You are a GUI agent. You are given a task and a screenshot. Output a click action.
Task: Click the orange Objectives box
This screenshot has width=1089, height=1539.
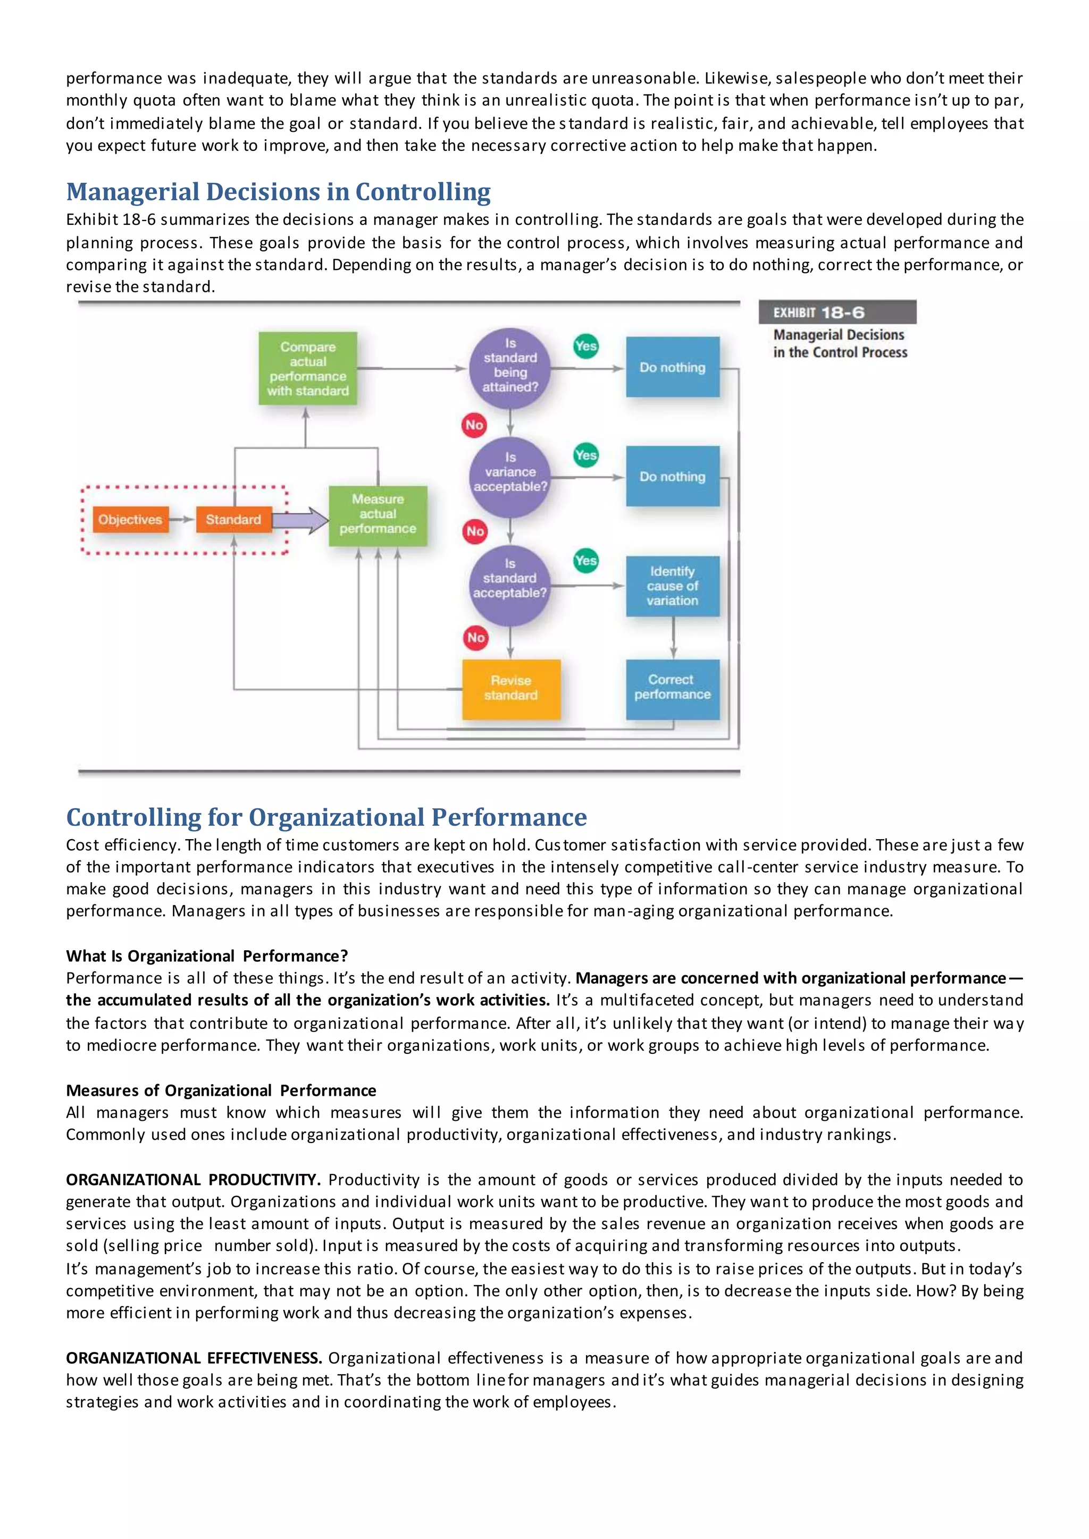click(x=130, y=520)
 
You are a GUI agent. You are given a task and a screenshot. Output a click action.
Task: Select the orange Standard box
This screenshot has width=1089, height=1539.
click(x=233, y=520)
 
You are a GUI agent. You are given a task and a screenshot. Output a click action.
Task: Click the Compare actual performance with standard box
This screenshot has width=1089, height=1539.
click(x=308, y=369)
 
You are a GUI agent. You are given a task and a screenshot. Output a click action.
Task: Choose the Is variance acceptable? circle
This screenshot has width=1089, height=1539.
click(x=509, y=474)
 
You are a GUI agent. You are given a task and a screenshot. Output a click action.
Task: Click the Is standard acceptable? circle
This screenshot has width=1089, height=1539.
click(x=509, y=580)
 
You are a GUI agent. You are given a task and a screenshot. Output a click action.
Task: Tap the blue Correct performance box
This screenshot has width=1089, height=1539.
click(x=673, y=688)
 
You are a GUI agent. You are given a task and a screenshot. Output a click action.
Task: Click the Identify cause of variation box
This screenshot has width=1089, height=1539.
click(x=673, y=586)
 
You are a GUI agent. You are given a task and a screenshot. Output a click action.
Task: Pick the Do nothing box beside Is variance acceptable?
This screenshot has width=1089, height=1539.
click(x=673, y=477)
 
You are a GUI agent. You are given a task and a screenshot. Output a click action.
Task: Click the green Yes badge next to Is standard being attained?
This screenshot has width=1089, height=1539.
click(x=586, y=346)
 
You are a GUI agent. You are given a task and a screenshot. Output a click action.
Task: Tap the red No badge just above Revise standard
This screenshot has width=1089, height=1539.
click(x=475, y=638)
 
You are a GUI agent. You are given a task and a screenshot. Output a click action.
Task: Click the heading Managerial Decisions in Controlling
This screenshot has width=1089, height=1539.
click(x=278, y=192)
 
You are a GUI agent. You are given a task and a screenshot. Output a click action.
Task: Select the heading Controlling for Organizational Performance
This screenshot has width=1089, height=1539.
click(x=326, y=817)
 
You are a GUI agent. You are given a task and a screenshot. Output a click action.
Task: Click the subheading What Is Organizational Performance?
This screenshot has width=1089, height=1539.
click(x=206, y=956)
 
